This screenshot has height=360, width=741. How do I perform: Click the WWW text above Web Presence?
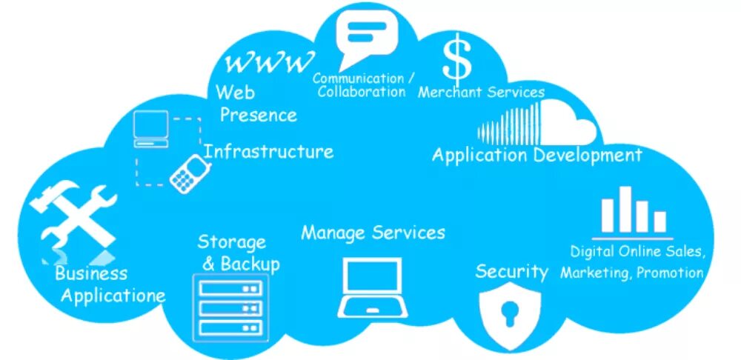268,63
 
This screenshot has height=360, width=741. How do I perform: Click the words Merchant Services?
482,93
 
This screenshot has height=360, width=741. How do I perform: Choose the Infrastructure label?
268,152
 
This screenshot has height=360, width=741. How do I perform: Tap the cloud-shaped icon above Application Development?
538,124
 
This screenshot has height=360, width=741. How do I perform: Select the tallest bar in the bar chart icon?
625,209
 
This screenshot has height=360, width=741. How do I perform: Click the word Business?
91,273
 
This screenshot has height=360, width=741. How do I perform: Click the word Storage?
231,242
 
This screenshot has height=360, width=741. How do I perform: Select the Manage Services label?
373,233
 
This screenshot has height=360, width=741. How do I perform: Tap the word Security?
511,271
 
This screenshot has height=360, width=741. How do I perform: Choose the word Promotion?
670,273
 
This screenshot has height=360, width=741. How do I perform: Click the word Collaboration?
362,92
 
